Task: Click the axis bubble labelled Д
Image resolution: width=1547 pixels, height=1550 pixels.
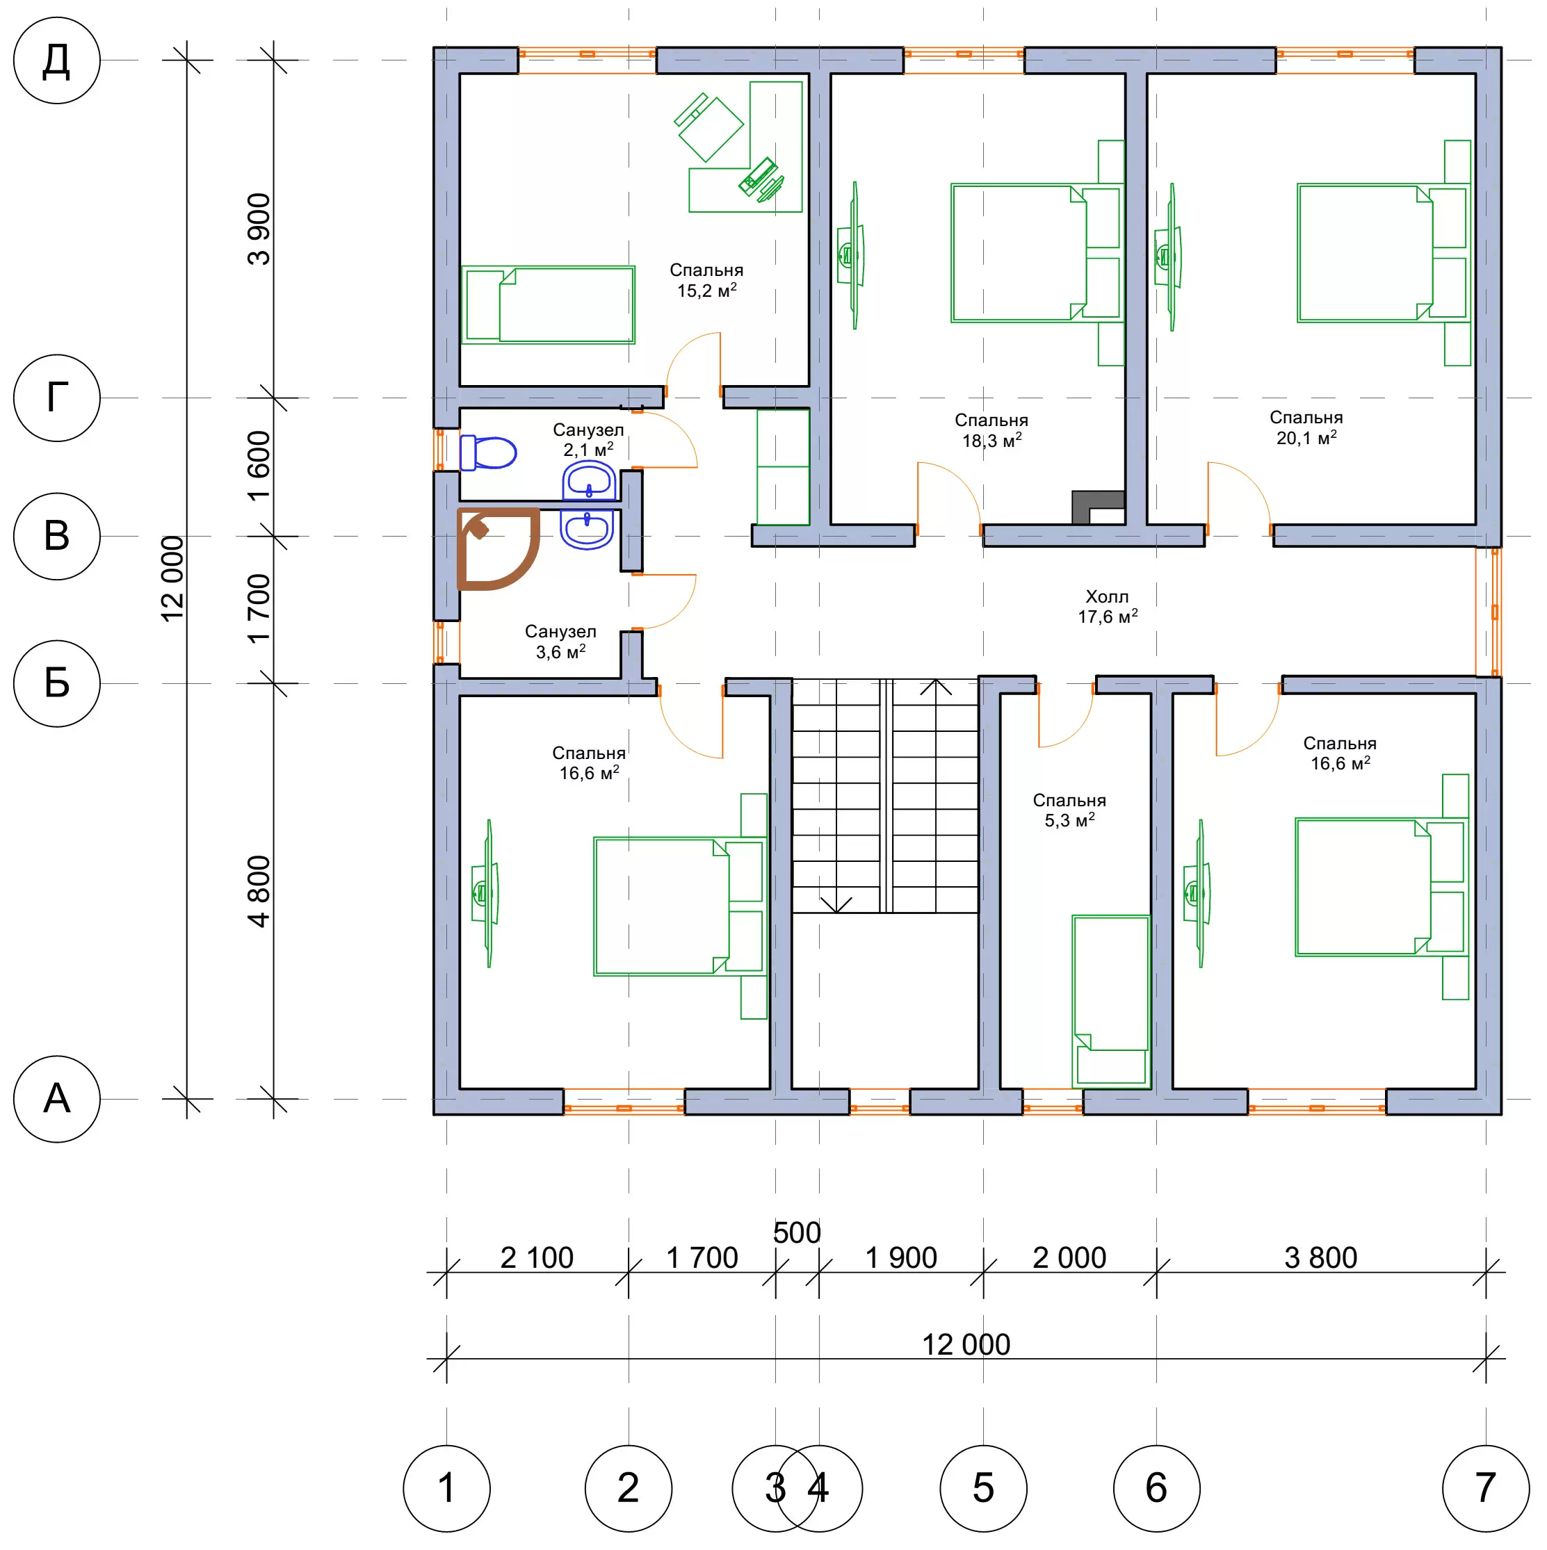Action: click(56, 60)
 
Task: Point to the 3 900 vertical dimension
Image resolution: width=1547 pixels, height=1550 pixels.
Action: click(259, 229)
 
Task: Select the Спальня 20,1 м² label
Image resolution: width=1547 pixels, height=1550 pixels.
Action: click(1306, 427)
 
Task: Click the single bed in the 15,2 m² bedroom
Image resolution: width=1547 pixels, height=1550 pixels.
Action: click(548, 305)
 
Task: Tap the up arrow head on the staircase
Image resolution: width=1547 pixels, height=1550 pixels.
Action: click(936, 687)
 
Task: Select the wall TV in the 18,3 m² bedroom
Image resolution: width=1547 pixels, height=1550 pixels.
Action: click(851, 255)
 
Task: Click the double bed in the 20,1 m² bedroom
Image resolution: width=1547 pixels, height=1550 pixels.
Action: click(1384, 254)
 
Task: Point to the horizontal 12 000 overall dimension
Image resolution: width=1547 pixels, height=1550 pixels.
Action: click(966, 1359)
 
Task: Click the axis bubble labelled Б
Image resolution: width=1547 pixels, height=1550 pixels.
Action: click(56, 683)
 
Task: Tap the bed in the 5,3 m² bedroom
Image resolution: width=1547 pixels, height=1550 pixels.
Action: click(1111, 1001)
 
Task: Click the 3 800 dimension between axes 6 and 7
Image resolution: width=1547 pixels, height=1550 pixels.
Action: click(1321, 1258)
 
